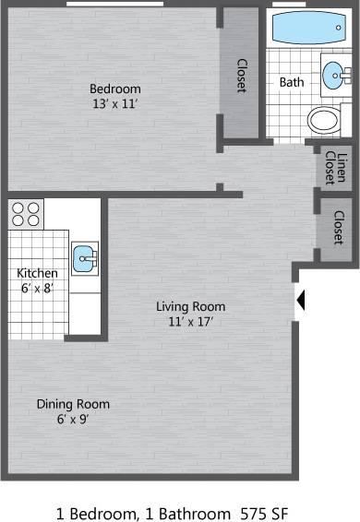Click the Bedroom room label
[114, 89]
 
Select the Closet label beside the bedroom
[242, 76]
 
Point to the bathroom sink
[333, 75]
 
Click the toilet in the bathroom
[324, 119]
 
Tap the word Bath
[292, 82]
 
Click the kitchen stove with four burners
[28, 214]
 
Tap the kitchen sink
[85, 259]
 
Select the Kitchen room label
[38, 273]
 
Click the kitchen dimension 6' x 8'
[38, 288]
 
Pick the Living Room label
[190, 306]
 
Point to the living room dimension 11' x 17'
[190, 322]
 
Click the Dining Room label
[73, 404]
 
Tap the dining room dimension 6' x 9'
[73, 420]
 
